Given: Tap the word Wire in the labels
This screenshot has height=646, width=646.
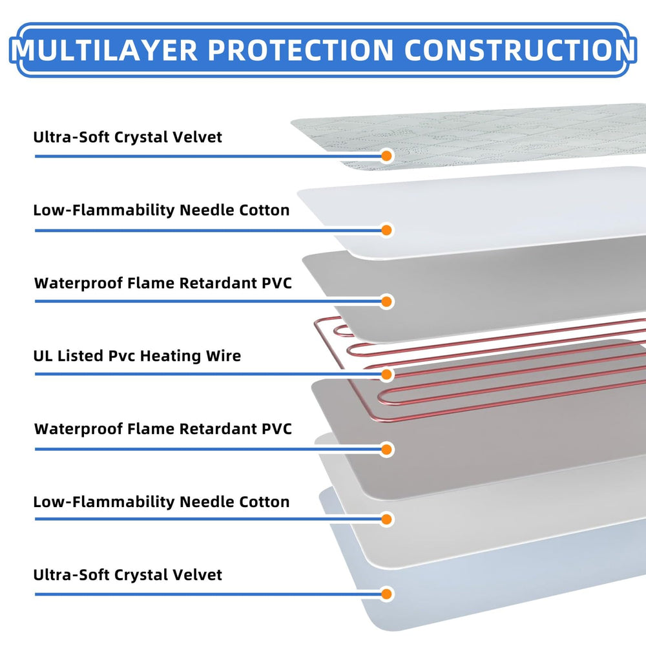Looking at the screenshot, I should click(x=224, y=355).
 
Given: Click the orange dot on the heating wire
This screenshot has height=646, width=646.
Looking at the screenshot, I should click(x=387, y=375).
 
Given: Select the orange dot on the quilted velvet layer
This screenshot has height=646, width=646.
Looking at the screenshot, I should click(x=387, y=156).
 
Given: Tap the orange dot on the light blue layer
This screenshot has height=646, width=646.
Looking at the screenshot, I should click(x=387, y=594).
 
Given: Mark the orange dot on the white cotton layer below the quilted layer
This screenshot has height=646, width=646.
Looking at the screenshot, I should click(x=387, y=230).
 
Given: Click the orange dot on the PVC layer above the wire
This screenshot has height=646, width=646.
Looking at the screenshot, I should click(x=387, y=301).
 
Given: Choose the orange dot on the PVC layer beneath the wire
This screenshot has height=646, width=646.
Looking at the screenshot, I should click(x=387, y=449).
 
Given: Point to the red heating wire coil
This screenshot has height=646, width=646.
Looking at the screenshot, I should click(x=491, y=362).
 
